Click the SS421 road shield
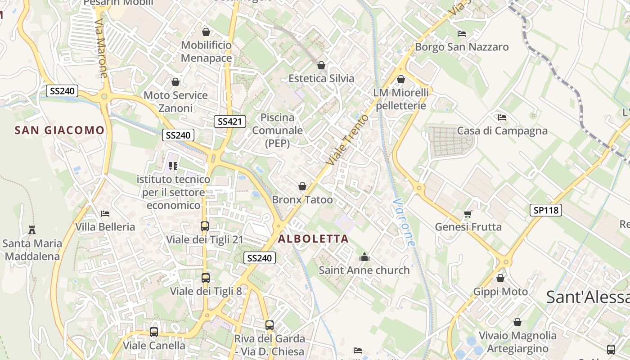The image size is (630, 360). point(229,121)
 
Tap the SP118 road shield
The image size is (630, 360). point(546,210)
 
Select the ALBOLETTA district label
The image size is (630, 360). point(314,239)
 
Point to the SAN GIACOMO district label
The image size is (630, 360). point(59,130)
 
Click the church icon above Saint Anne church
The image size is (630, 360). point(364,257)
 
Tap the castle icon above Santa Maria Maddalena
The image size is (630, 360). point(32,230)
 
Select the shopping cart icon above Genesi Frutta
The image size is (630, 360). point(468,214)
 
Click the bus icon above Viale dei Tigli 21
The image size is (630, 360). point(205,226)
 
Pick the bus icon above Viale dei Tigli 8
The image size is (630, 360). point(206,278)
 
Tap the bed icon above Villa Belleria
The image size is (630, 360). point(105,214)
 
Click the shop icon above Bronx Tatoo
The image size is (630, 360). point(302,186)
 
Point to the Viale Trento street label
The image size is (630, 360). point(347,140)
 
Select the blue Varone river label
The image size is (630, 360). point(404,222)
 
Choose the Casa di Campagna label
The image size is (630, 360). point(502,131)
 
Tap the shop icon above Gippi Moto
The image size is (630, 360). point(500,279)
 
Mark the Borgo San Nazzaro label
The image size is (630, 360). point(462,47)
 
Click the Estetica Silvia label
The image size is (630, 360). point(321,78)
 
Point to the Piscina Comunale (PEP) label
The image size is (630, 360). point(277,130)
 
